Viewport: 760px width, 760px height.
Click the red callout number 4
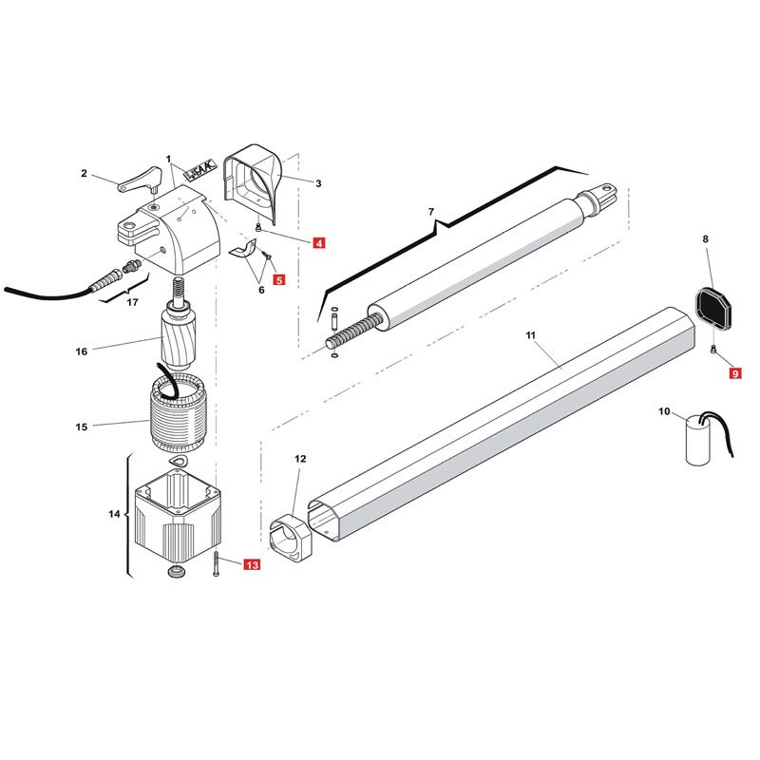[x=319, y=242]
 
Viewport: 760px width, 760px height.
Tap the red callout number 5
[x=279, y=279]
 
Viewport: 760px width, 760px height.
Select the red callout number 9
[x=735, y=373]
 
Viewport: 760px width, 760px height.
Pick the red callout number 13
[x=253, y=564]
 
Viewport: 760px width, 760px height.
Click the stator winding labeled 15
[x=179, y=414]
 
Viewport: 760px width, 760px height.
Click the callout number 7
[x=431, y=212]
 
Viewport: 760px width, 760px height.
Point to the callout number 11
[x=530, y=335]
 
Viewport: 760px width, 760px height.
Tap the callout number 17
[x=132, y=302]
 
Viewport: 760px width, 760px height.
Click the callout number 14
[x=114, y=513]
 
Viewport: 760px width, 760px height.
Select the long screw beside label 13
[x=216, y=563]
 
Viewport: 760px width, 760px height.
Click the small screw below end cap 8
[x=713, y=348]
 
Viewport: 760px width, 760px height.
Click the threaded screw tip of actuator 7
[x=350, y=330]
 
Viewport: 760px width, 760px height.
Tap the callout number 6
[x=261, y=290]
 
